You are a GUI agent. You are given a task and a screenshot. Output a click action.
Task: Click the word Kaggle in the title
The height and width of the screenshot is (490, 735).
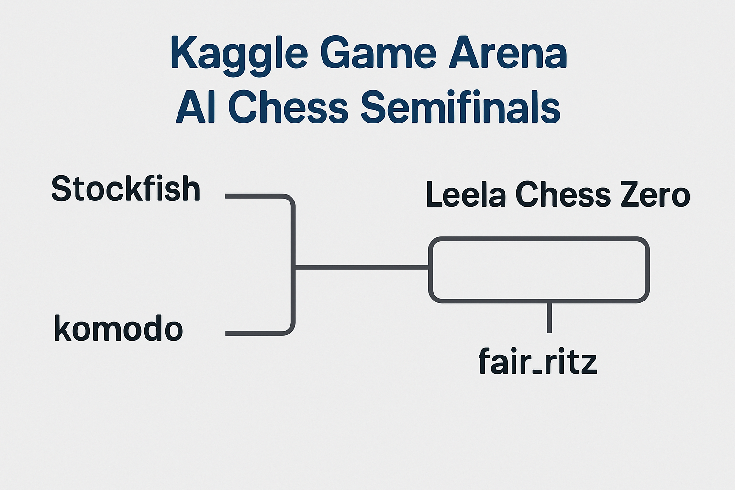[238, 54]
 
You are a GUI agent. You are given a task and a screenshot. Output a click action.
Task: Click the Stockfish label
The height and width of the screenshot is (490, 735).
[125, 189]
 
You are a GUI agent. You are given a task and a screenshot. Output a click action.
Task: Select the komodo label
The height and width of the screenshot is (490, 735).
[118, 329]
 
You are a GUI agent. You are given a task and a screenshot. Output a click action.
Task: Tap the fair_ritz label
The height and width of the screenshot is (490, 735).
[538, 362]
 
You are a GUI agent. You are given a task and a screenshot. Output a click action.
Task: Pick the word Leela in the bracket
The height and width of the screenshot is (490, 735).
[465, 195]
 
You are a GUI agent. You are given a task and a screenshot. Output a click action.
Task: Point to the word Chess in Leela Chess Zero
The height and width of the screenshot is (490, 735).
[563, 195]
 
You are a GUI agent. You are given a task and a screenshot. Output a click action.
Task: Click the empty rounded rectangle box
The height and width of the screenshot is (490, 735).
[539, 270]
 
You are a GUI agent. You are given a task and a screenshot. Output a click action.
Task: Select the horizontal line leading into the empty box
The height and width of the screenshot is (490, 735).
[362, 267]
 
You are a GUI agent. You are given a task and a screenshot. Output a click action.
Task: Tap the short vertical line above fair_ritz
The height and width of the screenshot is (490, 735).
[549, 317]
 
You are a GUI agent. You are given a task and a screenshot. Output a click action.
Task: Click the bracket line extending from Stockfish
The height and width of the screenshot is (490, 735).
[254, 196]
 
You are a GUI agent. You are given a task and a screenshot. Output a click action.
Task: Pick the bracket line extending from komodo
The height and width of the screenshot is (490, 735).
[254, 333]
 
